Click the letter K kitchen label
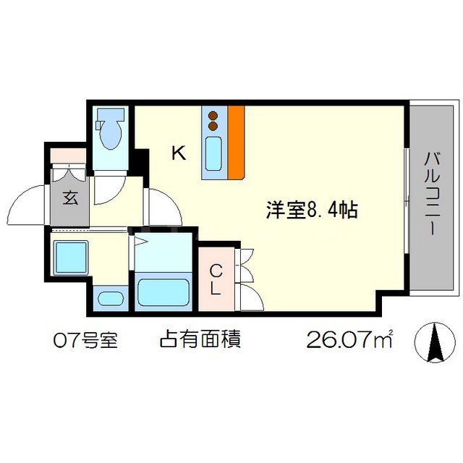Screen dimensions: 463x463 pos(178,153)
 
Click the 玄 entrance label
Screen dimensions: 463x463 pos(69,197)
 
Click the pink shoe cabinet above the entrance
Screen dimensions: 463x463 pos(69,154)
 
